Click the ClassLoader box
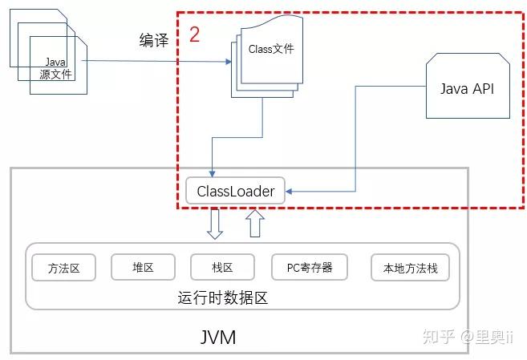click(x=235, y=191)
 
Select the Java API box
click(x=468, y=86)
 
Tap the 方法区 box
click(x=63, y=268)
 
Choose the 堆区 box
click(x=143, y=267)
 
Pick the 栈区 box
click(x=222, y=267)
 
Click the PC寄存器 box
click(x=310, y=267)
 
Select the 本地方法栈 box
click(x=410, y=268)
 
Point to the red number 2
click(x=195, y=34)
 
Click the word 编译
click(x=154, y=40)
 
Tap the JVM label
click(x=218, y=337)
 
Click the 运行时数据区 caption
click(x=223, y=297)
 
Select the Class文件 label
click(x=271, y=49)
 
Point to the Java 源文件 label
click(x=56, y=68)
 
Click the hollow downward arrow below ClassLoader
click(x=215, y=224)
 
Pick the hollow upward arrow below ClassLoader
click(x=255, y=224)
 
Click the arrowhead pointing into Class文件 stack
click(x=229, y=62)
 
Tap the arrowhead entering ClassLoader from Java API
click(x=289, y=192)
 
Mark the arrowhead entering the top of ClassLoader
click(x=212, y=174)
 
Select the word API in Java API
click(x=484, y=89)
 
